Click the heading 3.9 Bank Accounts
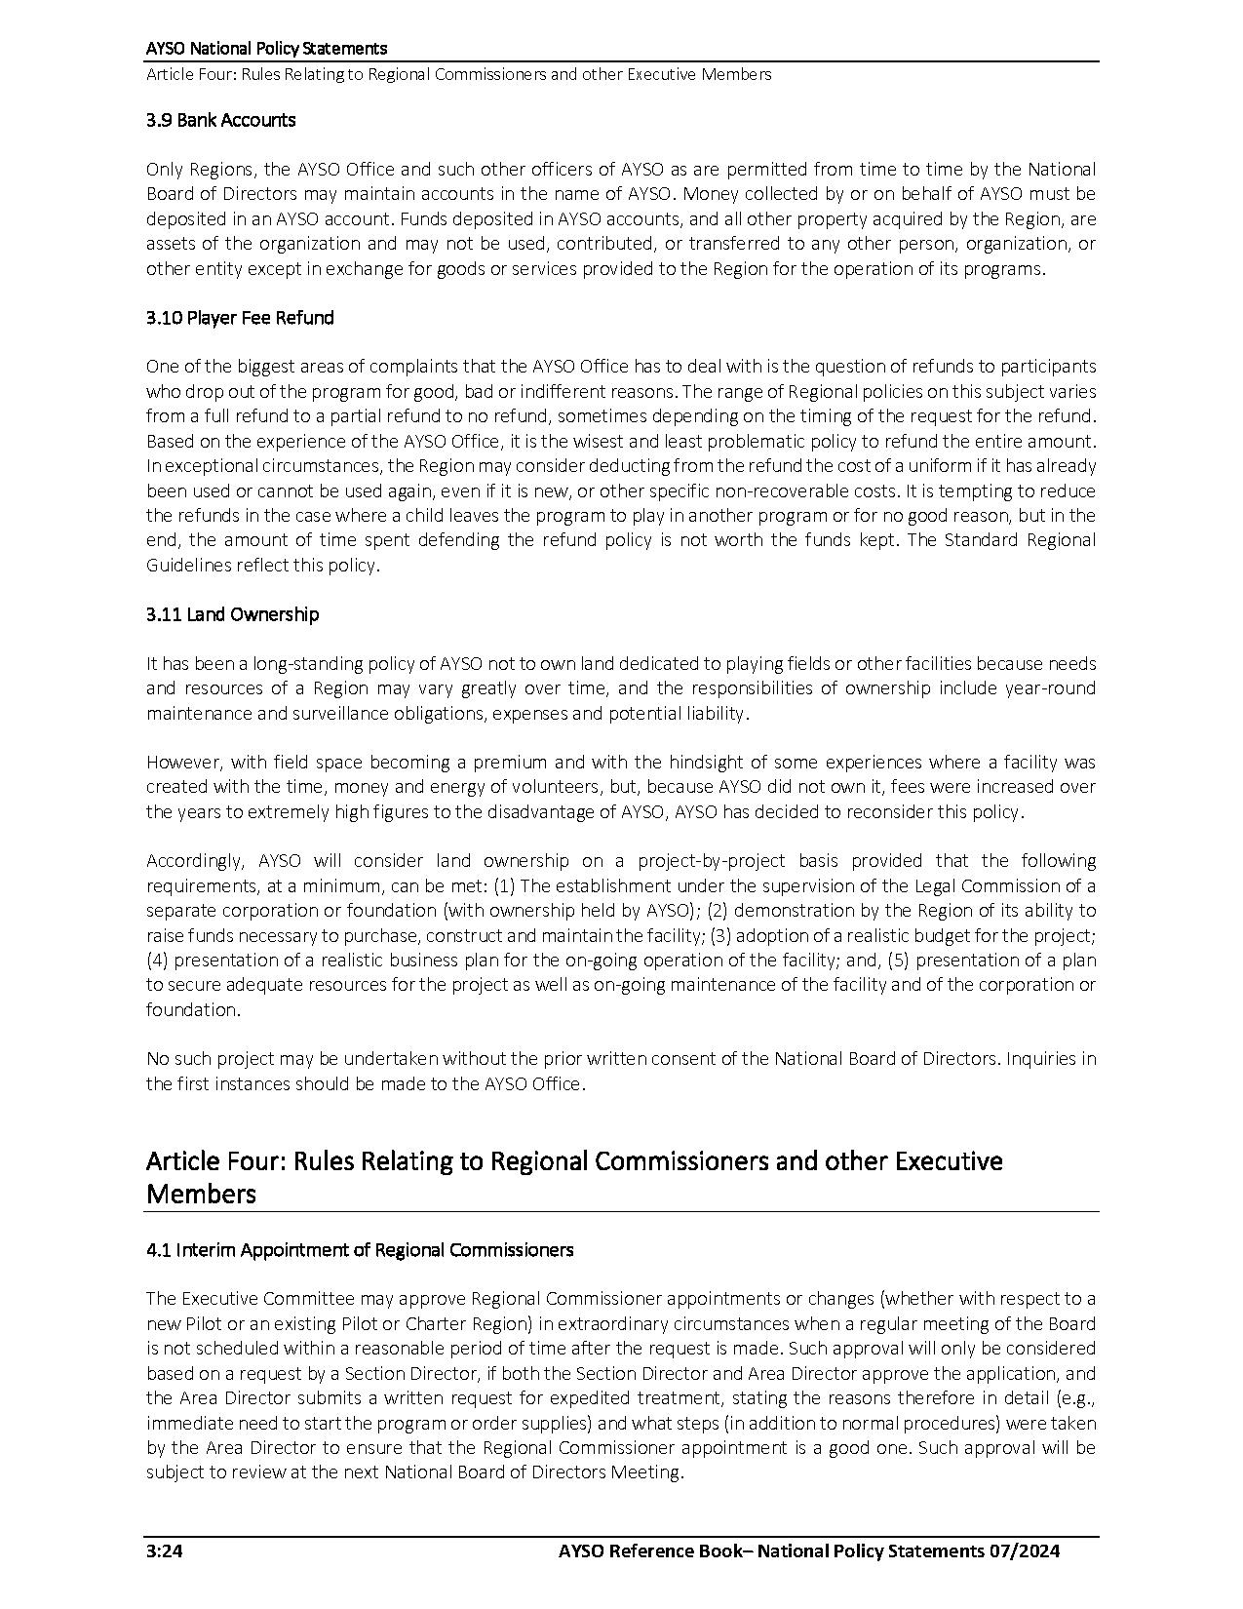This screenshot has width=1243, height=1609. click(220, 120)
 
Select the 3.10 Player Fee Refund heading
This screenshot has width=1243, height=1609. click(240, 318)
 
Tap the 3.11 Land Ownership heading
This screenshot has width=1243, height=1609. click(232, 614)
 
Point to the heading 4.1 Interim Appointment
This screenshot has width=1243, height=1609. click(359, 1249)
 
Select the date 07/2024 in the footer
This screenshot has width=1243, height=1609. click(1023, 1550)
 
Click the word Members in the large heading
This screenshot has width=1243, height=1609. click(201, 1194)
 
